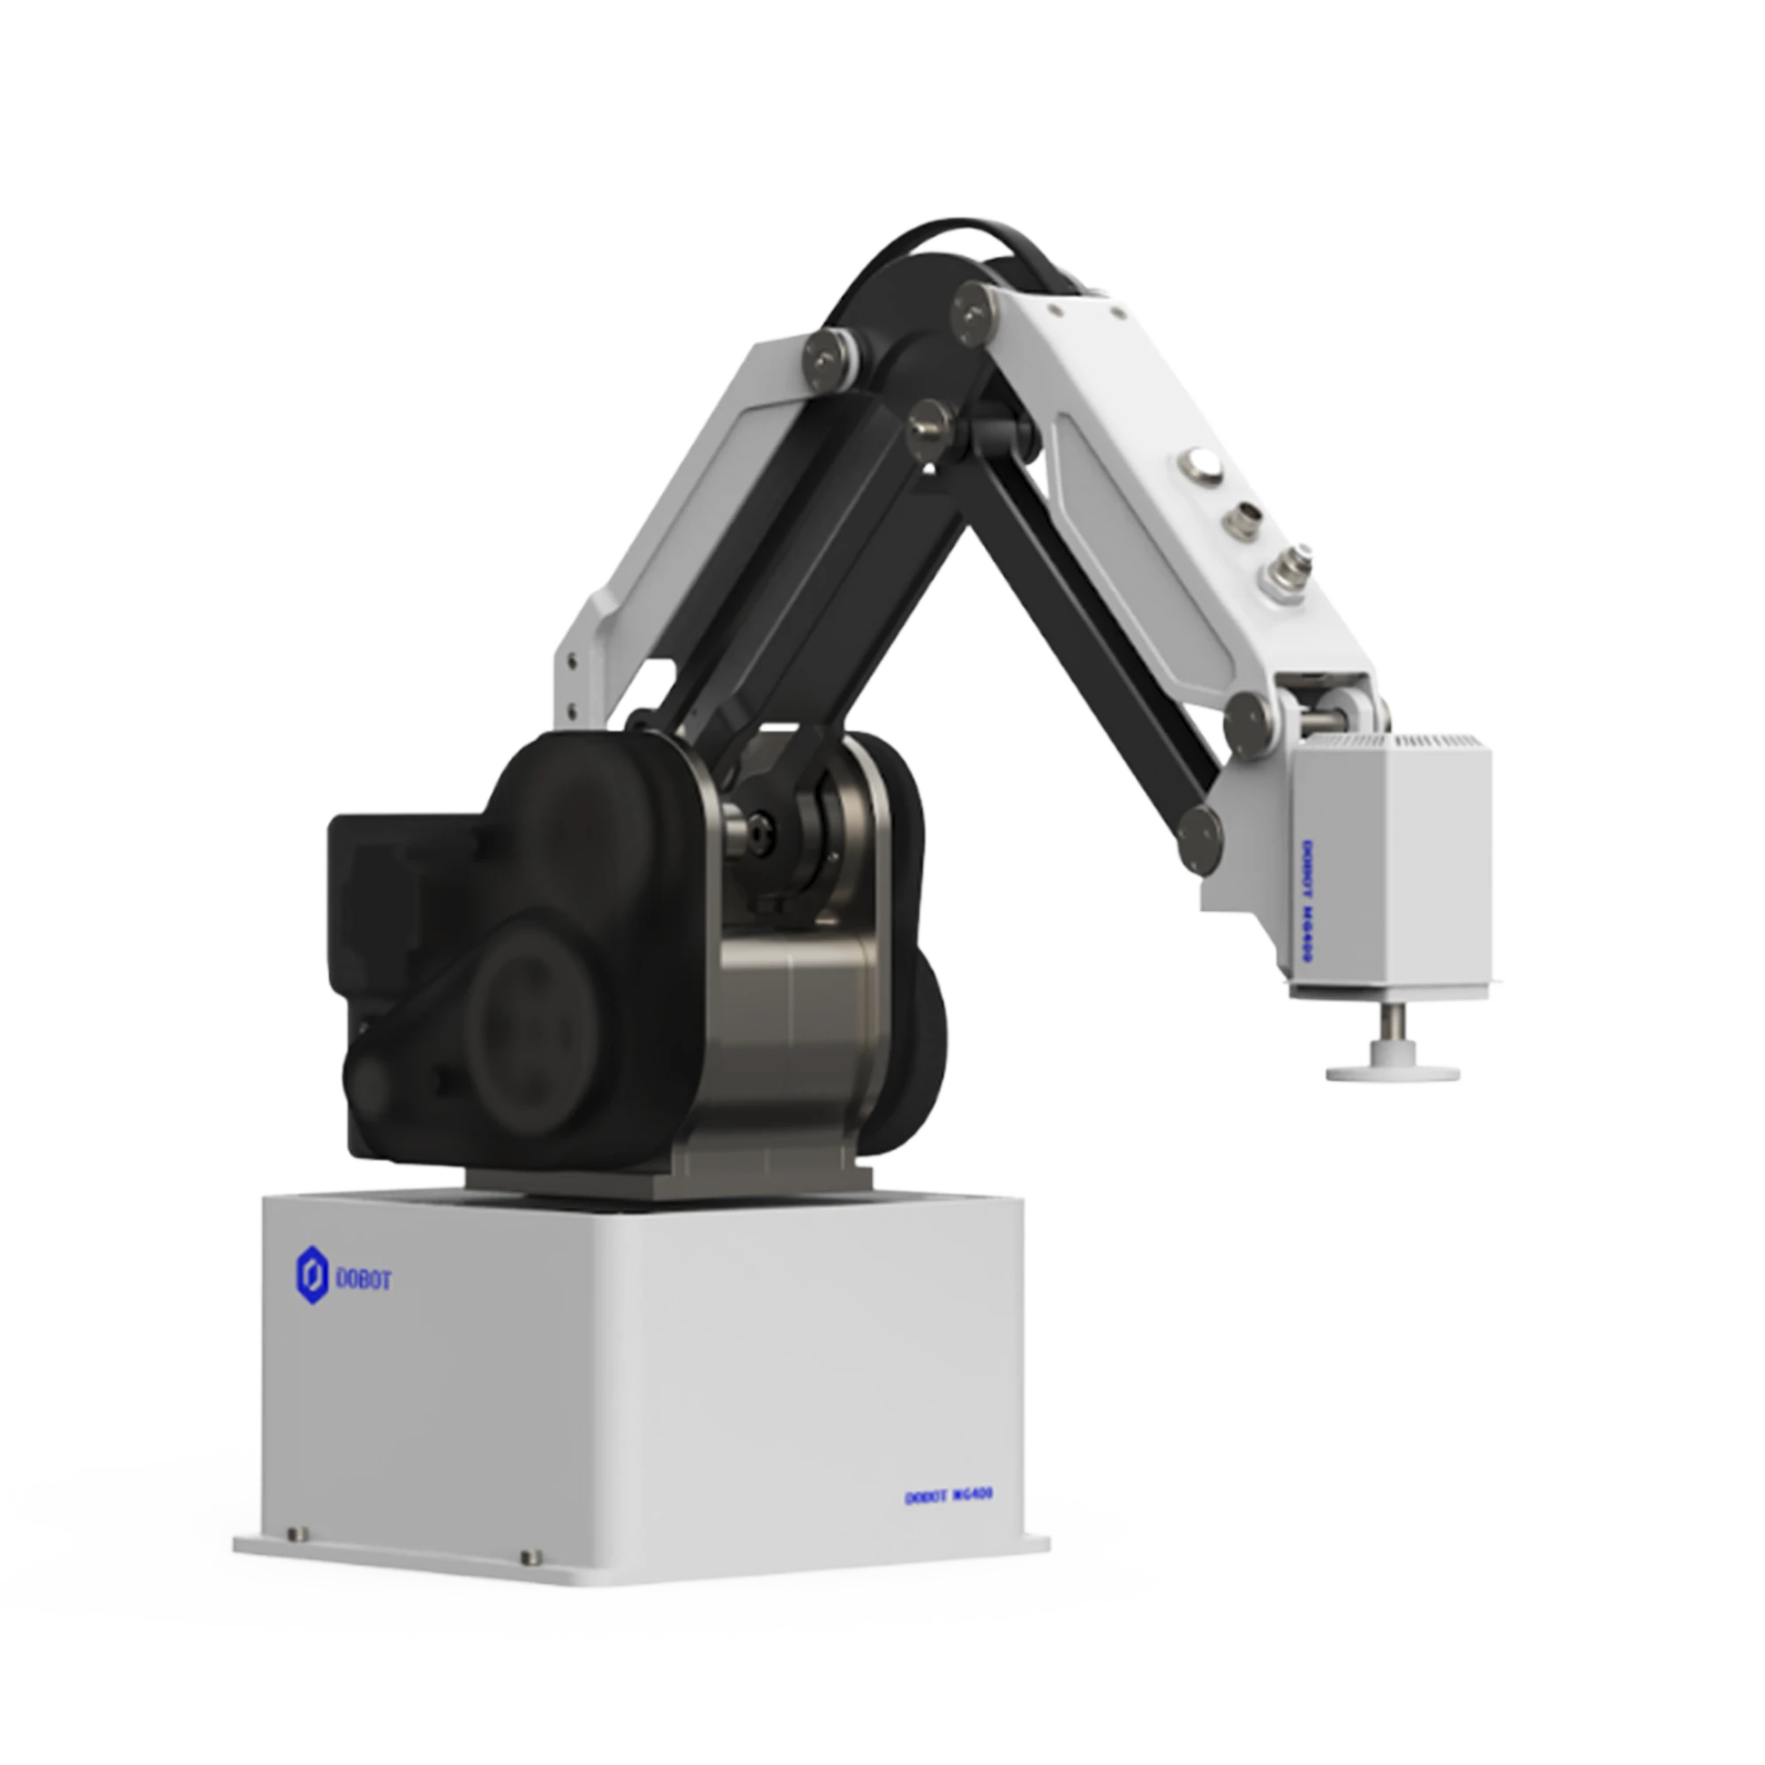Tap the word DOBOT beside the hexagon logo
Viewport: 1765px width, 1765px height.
click(x=364, y=1280)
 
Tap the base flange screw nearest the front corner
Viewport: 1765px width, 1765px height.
click(x=529, y=1557)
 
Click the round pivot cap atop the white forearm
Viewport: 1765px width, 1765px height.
click(x=974, y=311)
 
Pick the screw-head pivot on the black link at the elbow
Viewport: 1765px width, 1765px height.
click(x=930, y=424)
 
